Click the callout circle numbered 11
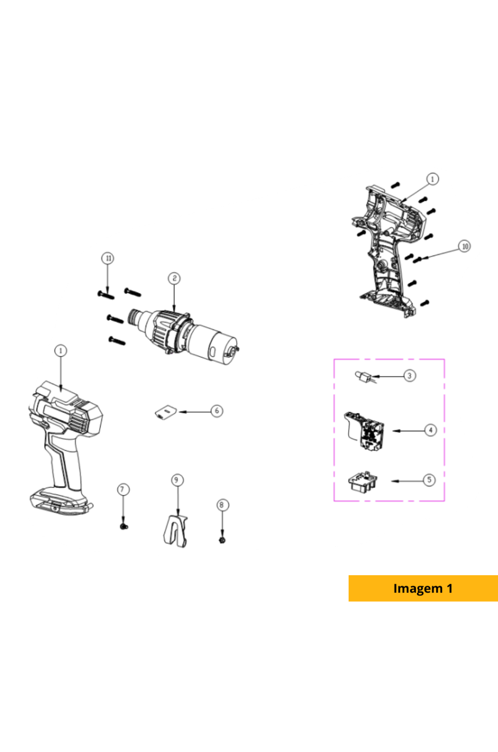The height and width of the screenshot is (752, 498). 108,258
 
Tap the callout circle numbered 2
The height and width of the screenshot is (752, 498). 174,278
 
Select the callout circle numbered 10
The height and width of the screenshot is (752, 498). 465,247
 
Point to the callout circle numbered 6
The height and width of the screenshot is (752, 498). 217,411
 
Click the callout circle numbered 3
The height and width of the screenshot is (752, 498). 409,376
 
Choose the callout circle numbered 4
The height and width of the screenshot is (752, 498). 430,430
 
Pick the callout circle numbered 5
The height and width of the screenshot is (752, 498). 429,480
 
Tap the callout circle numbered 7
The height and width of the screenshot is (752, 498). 123,490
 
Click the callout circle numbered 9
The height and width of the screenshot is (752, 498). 177,480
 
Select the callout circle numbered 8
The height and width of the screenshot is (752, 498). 222,505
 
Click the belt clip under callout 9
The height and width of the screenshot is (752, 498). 175,531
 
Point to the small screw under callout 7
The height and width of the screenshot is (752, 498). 124,527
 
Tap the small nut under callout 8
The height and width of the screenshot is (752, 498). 222,540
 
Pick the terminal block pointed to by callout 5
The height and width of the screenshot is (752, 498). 363,482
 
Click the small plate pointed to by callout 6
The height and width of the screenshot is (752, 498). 166,412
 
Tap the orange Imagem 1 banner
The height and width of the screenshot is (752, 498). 423,588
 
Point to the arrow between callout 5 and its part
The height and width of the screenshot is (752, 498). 407,481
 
